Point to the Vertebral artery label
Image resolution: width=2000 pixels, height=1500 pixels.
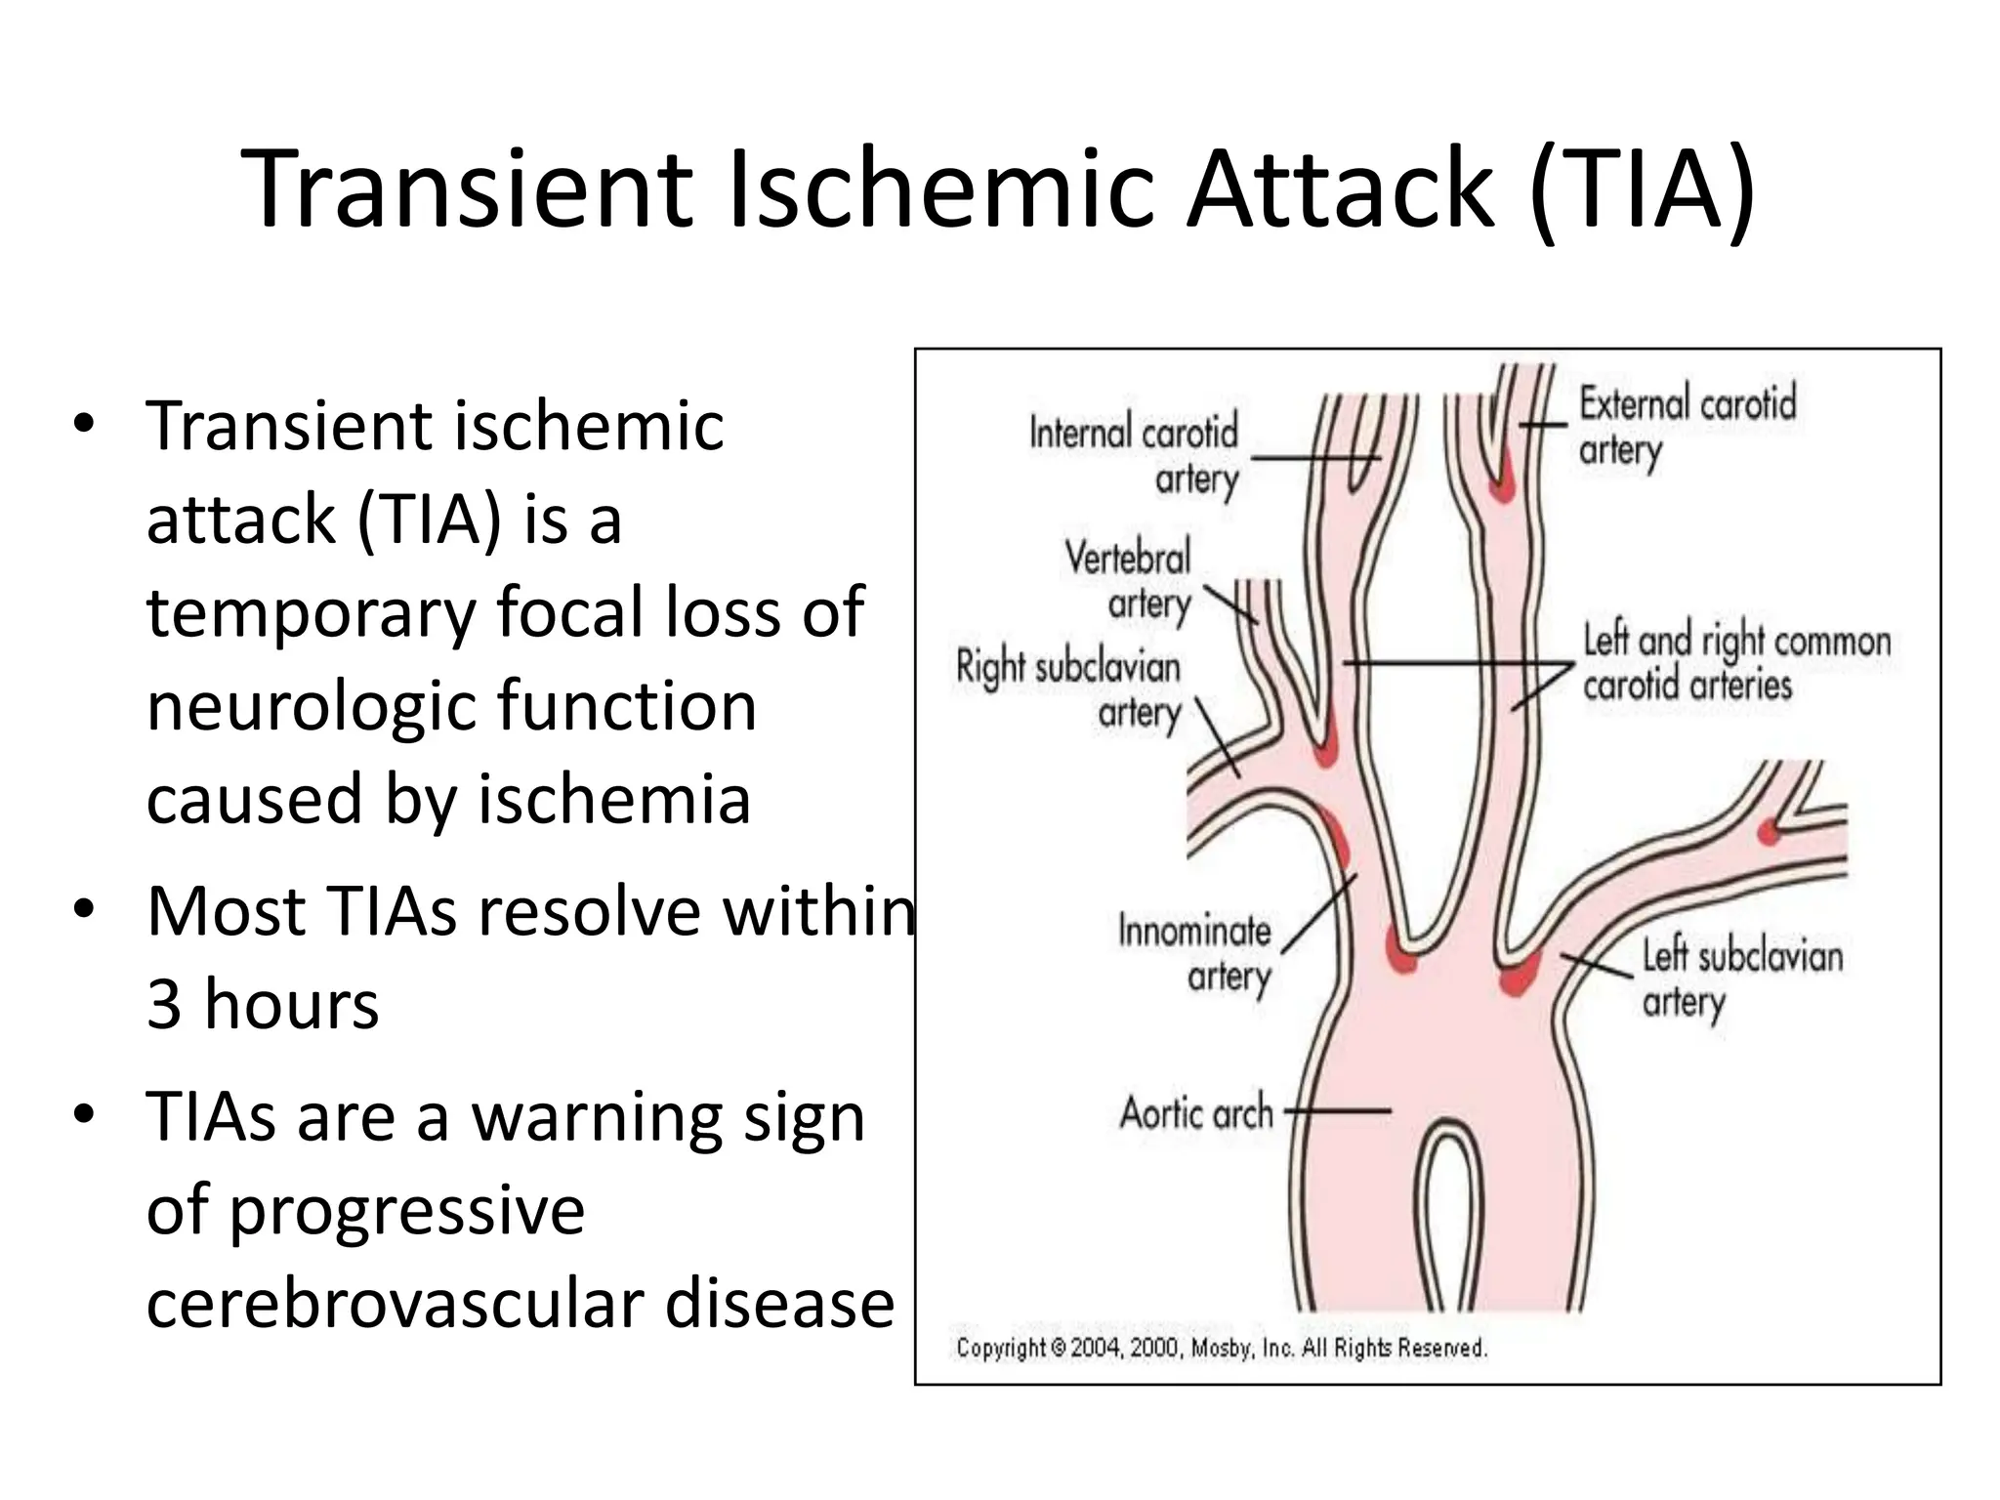coord(1129,580)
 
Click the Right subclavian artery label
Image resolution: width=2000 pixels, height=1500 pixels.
coord(1068,689)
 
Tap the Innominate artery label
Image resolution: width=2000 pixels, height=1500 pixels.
coord(1194,952)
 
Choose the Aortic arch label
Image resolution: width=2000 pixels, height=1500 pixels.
coord(1196,1112)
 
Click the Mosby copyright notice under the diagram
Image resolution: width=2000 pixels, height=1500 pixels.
coord(1221,1348)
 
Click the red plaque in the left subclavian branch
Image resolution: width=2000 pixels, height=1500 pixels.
coord(1768,831)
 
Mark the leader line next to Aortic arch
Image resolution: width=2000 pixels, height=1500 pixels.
coord(1337,1110)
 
